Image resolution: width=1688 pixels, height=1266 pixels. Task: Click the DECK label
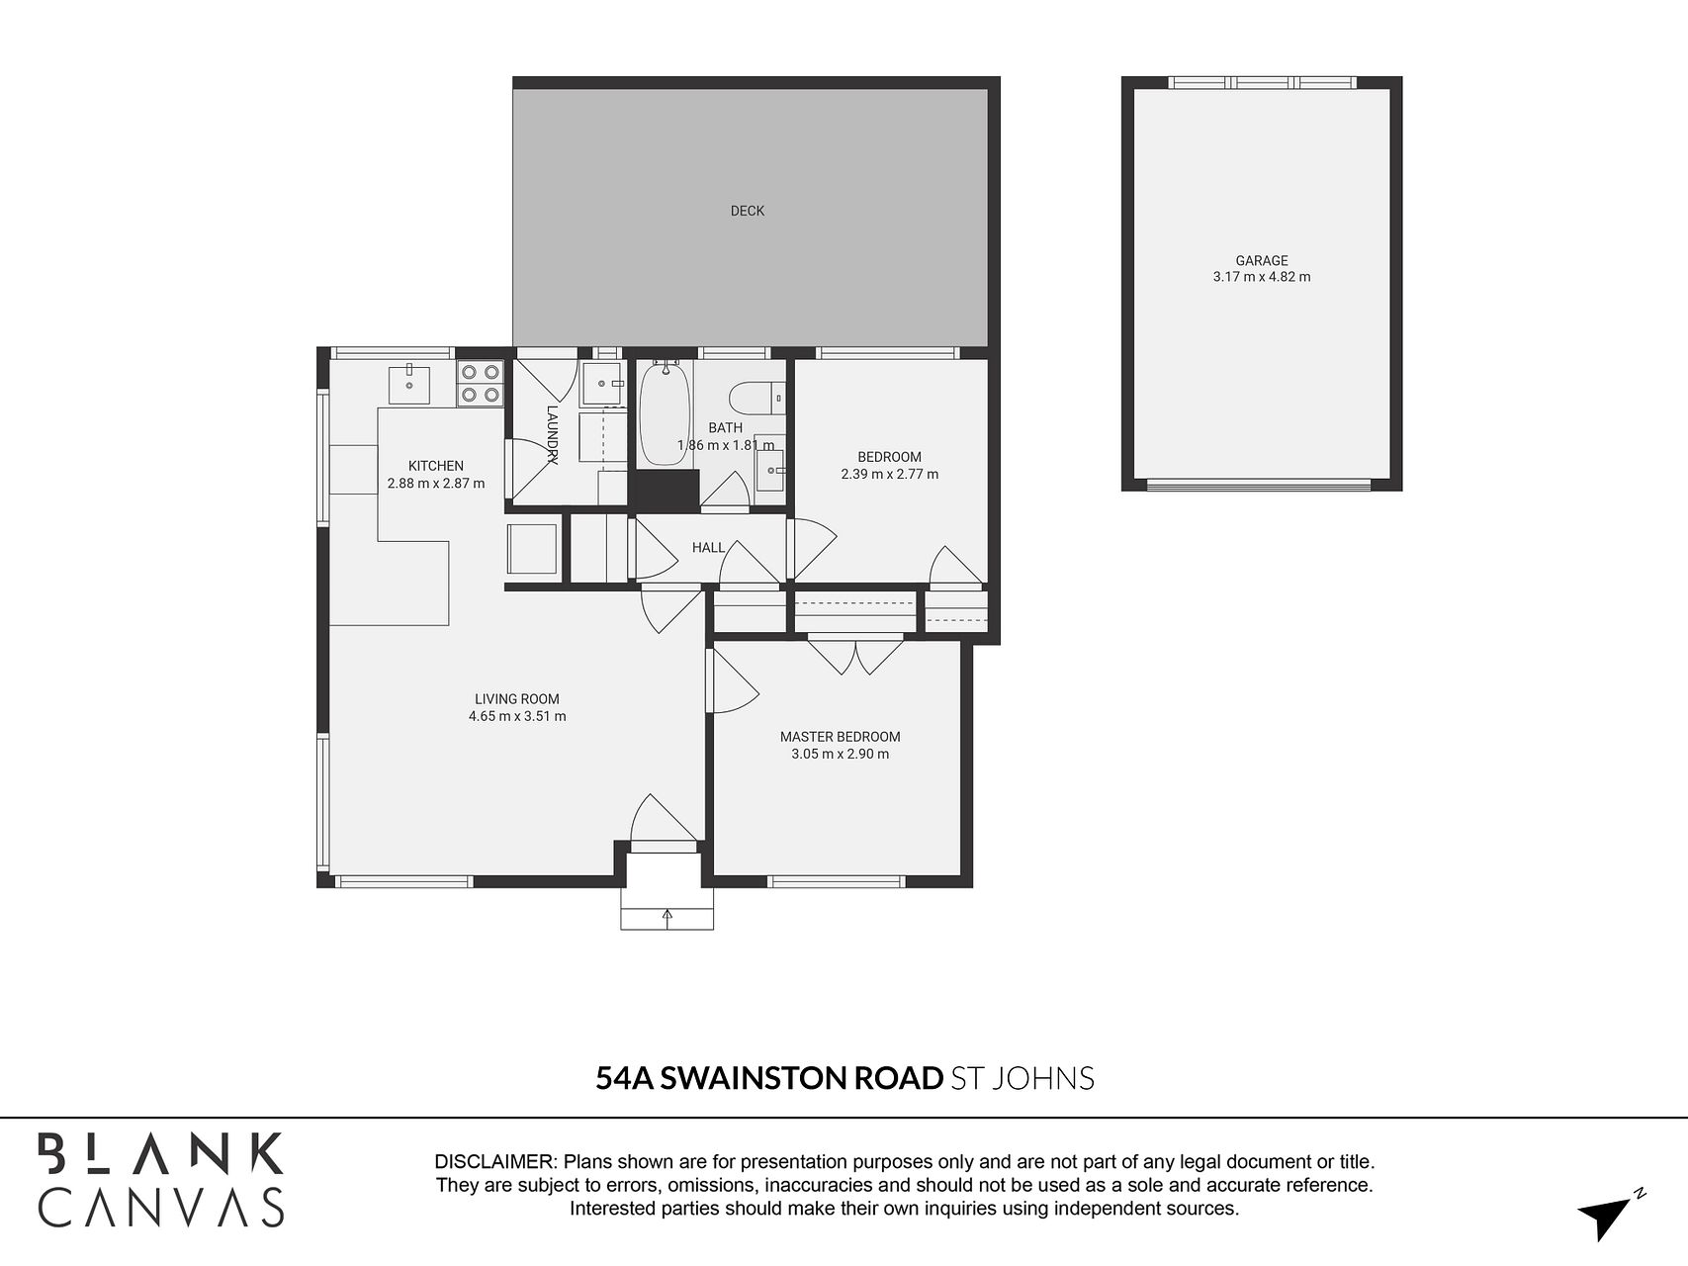coord(748,211)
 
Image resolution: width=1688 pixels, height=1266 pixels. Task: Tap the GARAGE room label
coord(1262,261)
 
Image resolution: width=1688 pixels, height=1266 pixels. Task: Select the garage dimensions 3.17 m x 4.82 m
coord(1262,277)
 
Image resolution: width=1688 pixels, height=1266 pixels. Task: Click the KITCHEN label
coord(436,466)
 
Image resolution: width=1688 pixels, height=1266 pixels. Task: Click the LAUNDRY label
coord(553,434)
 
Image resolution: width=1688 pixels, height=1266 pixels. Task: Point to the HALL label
coord(708,547)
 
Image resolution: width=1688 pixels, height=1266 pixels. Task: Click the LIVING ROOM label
coord(517,699)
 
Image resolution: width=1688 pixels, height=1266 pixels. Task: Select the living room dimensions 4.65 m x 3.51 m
coord(517,716)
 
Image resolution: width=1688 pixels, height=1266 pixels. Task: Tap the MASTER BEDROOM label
coord(841,737)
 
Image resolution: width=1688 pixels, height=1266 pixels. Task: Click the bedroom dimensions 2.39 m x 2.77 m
coord(890,474)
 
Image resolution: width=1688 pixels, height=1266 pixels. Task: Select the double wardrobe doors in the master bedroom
coord(855,658)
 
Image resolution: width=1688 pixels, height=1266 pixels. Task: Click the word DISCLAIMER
coord(494,1162)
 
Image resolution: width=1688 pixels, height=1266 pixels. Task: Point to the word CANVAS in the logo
coord(161,1208)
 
